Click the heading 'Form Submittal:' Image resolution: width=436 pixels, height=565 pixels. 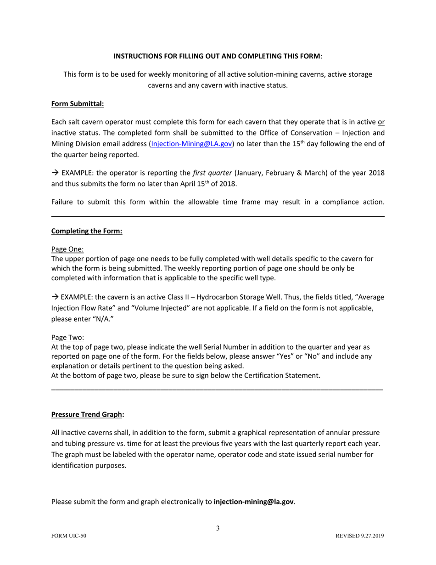78,104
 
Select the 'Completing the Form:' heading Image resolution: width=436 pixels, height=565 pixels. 87,231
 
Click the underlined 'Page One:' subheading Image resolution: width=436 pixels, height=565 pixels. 67,249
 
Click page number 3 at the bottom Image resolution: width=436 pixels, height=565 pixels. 218,528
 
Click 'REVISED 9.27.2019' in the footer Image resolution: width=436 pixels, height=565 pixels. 360,536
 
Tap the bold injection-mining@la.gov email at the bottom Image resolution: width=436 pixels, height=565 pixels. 254,502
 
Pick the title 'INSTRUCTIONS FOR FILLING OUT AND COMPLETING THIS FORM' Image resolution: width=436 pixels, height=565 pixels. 217,56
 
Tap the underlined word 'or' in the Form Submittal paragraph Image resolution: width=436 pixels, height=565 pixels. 380,122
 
